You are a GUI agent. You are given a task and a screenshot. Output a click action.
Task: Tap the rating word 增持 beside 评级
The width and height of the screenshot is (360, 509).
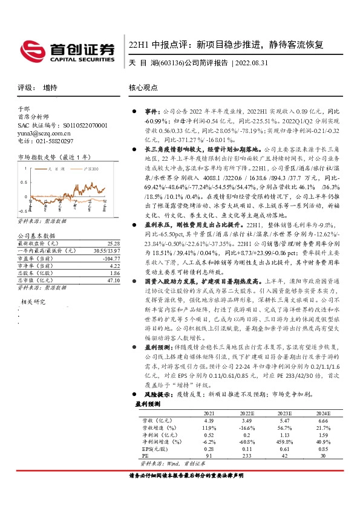pos(50,87)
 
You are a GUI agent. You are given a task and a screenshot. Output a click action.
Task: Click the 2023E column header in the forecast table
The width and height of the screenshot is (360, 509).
pos(284,412)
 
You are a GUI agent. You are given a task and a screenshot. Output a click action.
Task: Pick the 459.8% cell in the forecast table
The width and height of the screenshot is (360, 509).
pos(284,443)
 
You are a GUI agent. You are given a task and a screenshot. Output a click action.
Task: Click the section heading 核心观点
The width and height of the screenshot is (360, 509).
pos(143,87)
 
